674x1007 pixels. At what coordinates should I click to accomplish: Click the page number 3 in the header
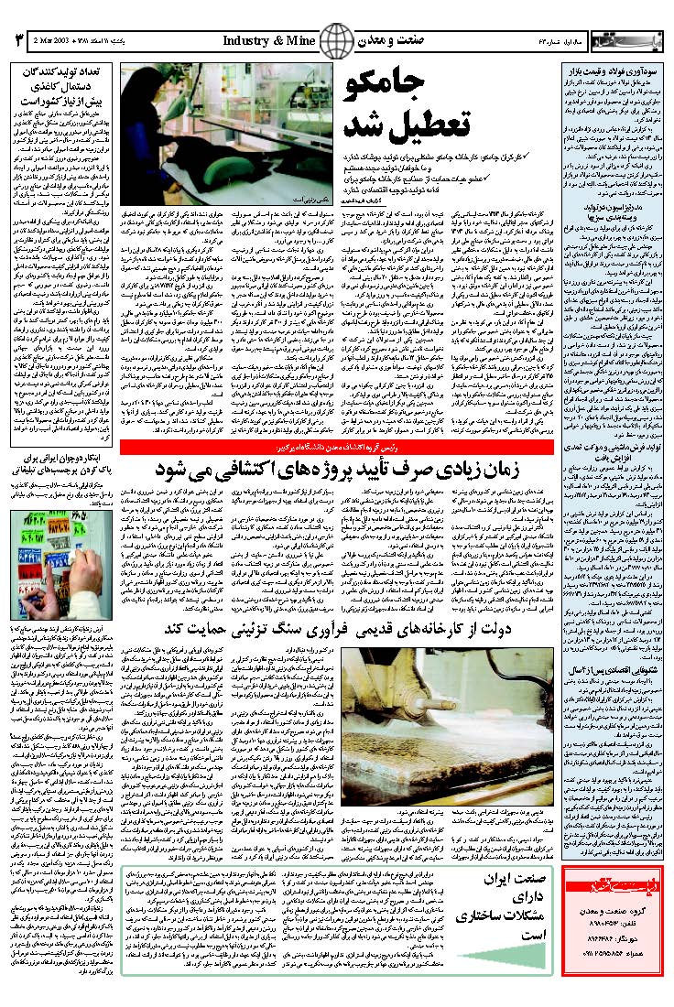coord(16,41)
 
